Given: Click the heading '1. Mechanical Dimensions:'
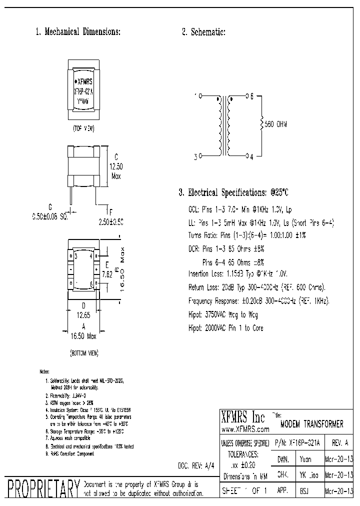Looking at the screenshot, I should coord(78,32).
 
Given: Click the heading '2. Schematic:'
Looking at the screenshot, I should coord(203,32).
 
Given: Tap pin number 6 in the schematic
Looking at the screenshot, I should coord(252,95).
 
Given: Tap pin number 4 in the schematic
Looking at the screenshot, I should coord(252,156).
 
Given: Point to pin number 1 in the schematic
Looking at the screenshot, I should coord(194,95).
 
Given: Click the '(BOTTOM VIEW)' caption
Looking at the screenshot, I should coord(83,352).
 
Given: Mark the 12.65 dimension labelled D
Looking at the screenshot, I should coord(83,315).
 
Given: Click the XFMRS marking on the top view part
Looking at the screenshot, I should coord(84,81).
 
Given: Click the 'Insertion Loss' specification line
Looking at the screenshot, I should coord(238,274).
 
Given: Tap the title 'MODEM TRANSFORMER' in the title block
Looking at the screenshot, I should coord(311,424).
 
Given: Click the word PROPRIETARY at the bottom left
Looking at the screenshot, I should coord(41,488).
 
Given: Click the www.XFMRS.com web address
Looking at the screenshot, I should coord(245,429).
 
